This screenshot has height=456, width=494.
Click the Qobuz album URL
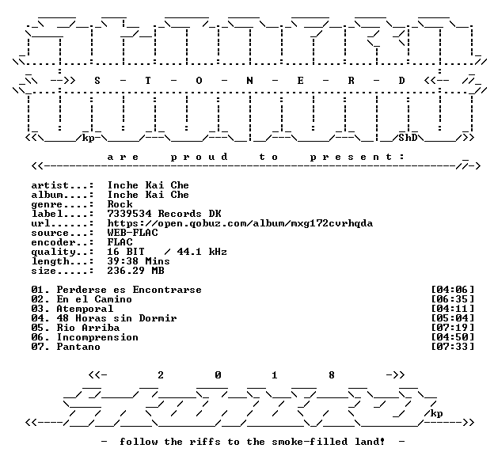point(240,223)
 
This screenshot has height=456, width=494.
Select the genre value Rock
point(120,204)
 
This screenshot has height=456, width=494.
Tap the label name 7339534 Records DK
point(164,214)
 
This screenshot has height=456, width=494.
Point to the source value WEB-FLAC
point(133,233)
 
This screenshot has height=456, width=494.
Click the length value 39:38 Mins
point(139,261)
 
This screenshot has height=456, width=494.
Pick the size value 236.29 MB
point(136,271)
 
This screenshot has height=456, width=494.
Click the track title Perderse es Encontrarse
point(129,290)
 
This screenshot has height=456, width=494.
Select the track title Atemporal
point(85,309)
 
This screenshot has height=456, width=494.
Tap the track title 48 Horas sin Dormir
point(116,318)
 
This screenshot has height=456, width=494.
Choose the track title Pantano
point(78,347)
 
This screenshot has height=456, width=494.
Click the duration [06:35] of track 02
point(452,299)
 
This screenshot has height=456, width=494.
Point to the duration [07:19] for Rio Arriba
point(452,328)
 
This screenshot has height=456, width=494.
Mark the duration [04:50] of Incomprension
point(452,337)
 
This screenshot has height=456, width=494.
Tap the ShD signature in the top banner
point(408,138)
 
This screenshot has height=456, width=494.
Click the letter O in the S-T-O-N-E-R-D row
point(199,81)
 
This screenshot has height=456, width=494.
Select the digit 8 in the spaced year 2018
point(332,375)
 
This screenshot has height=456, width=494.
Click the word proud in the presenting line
point(199,157)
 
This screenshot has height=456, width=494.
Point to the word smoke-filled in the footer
point(310,442)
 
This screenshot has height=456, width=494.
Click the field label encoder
point(53,243)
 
